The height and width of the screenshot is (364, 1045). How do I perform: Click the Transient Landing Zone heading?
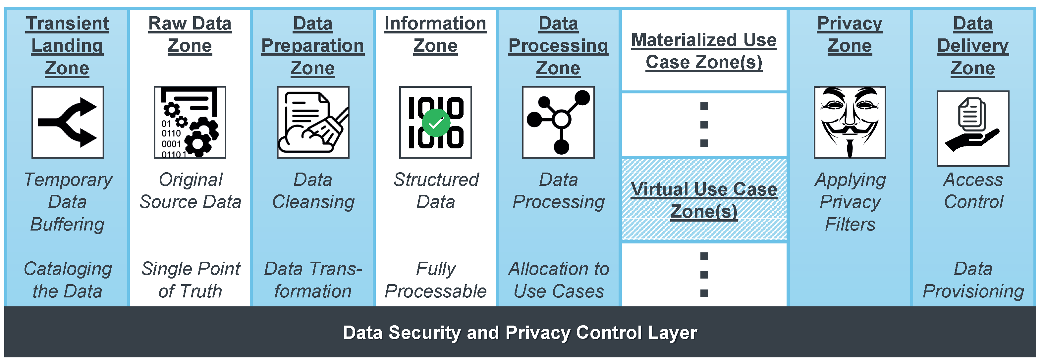[67, 45]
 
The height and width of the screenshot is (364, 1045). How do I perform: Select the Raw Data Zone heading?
[190, 34]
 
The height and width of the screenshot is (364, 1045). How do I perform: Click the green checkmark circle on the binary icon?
[436, 123]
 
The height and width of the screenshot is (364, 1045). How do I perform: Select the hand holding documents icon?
[973, 128]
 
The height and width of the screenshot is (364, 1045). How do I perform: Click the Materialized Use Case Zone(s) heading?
[704, 51]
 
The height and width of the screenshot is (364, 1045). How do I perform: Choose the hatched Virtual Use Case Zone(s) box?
[704, 200]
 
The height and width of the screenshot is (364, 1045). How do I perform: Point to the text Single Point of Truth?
[190, 280]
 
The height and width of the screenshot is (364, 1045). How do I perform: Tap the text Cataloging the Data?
[67, 280]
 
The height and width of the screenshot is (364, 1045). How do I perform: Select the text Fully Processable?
[436, 280]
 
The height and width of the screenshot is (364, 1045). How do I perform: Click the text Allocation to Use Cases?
[559, 280]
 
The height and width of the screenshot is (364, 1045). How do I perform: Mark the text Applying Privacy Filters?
[850, 201]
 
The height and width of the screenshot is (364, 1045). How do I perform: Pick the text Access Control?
[973, 190]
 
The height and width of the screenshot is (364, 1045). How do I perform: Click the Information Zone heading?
[435, 34]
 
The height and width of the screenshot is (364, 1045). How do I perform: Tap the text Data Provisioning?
[973, 280]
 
